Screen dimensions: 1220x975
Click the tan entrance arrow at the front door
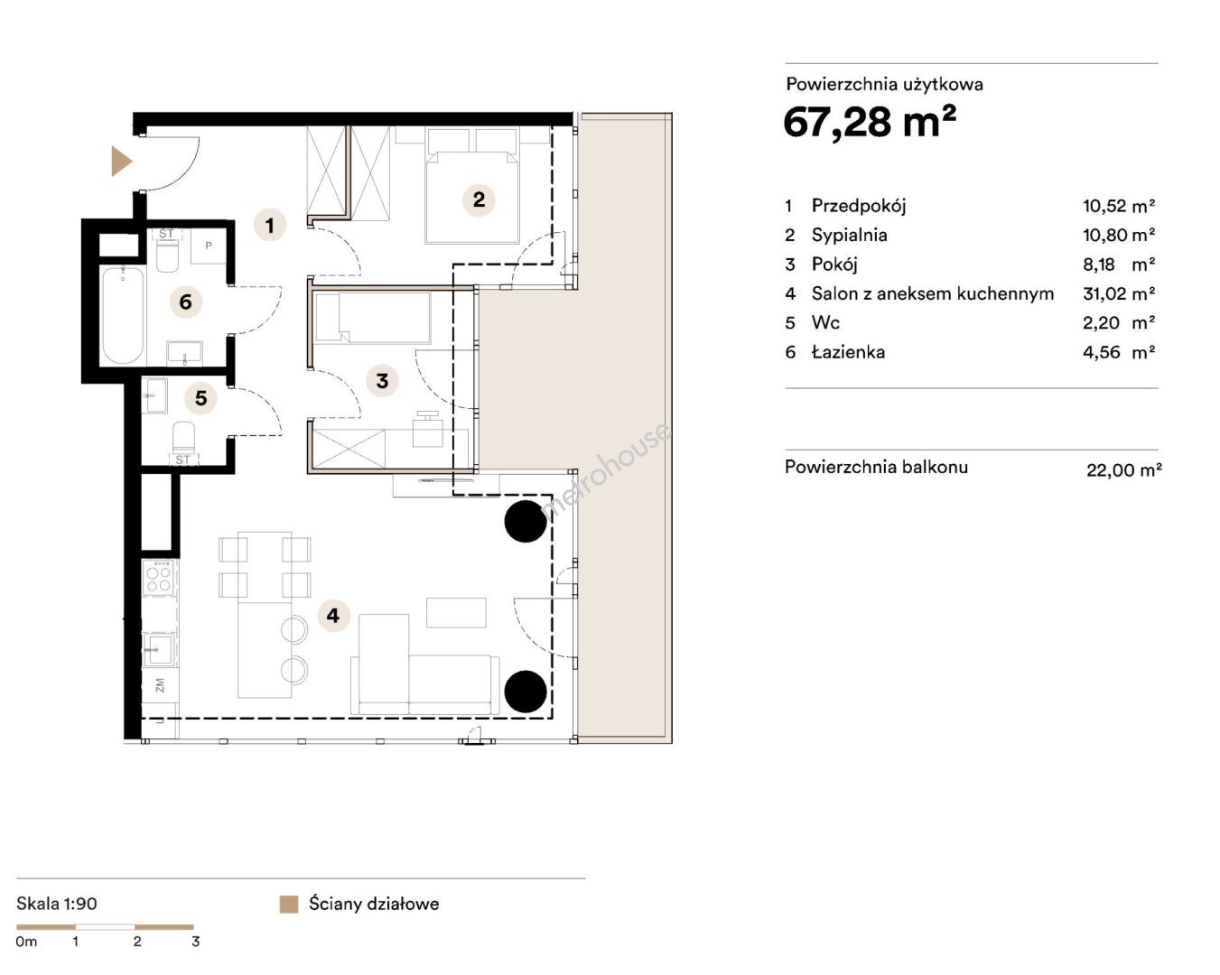[121, 162]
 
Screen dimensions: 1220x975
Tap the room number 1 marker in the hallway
[269, 225]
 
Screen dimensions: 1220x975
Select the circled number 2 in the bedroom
[479, 200]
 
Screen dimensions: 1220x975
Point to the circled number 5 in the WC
[200, 398]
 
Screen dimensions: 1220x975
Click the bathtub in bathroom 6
[123, 316]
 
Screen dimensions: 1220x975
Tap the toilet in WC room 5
[183, 438]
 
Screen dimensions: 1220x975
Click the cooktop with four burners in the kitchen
[159, 578]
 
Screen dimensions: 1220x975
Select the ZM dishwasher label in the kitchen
[160, 685]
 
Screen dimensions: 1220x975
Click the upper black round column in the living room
[526, 521]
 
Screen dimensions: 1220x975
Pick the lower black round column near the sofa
[526, 691]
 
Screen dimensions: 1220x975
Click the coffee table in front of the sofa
[456, 613]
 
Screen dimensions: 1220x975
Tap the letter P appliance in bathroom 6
[208, 246]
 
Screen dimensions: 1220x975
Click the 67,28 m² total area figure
[870, 121]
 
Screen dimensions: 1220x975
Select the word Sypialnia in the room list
[849, 236]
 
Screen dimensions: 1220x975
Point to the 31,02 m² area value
[1119, 293]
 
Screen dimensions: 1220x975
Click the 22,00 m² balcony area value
[1123, 470]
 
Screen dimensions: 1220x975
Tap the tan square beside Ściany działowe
[289, 905]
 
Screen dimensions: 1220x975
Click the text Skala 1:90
[57, 904]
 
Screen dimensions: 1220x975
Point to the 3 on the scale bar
[196, 942]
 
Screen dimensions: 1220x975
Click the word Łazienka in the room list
[848, 352]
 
